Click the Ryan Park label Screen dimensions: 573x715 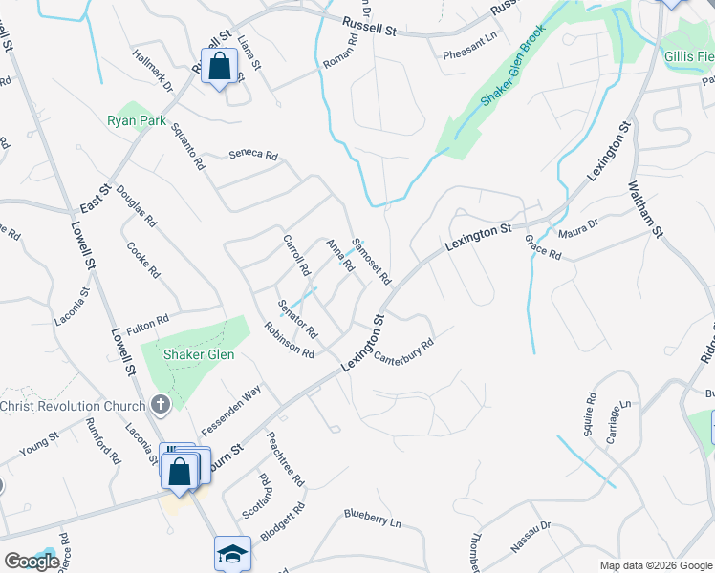(x=137, y=121)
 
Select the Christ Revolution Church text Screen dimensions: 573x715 (x=74, y=406)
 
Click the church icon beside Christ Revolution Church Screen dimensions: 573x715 (x=161, y=405)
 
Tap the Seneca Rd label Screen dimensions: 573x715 (x=253, y=155)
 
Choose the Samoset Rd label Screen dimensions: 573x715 (x=373, y=262)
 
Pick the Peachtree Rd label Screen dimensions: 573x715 (x=286, y=457)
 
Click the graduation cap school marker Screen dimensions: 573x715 (x=231, y=553)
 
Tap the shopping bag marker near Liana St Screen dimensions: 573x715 (x=220, y=67)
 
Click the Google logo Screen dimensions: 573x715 (x=32, y=562)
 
